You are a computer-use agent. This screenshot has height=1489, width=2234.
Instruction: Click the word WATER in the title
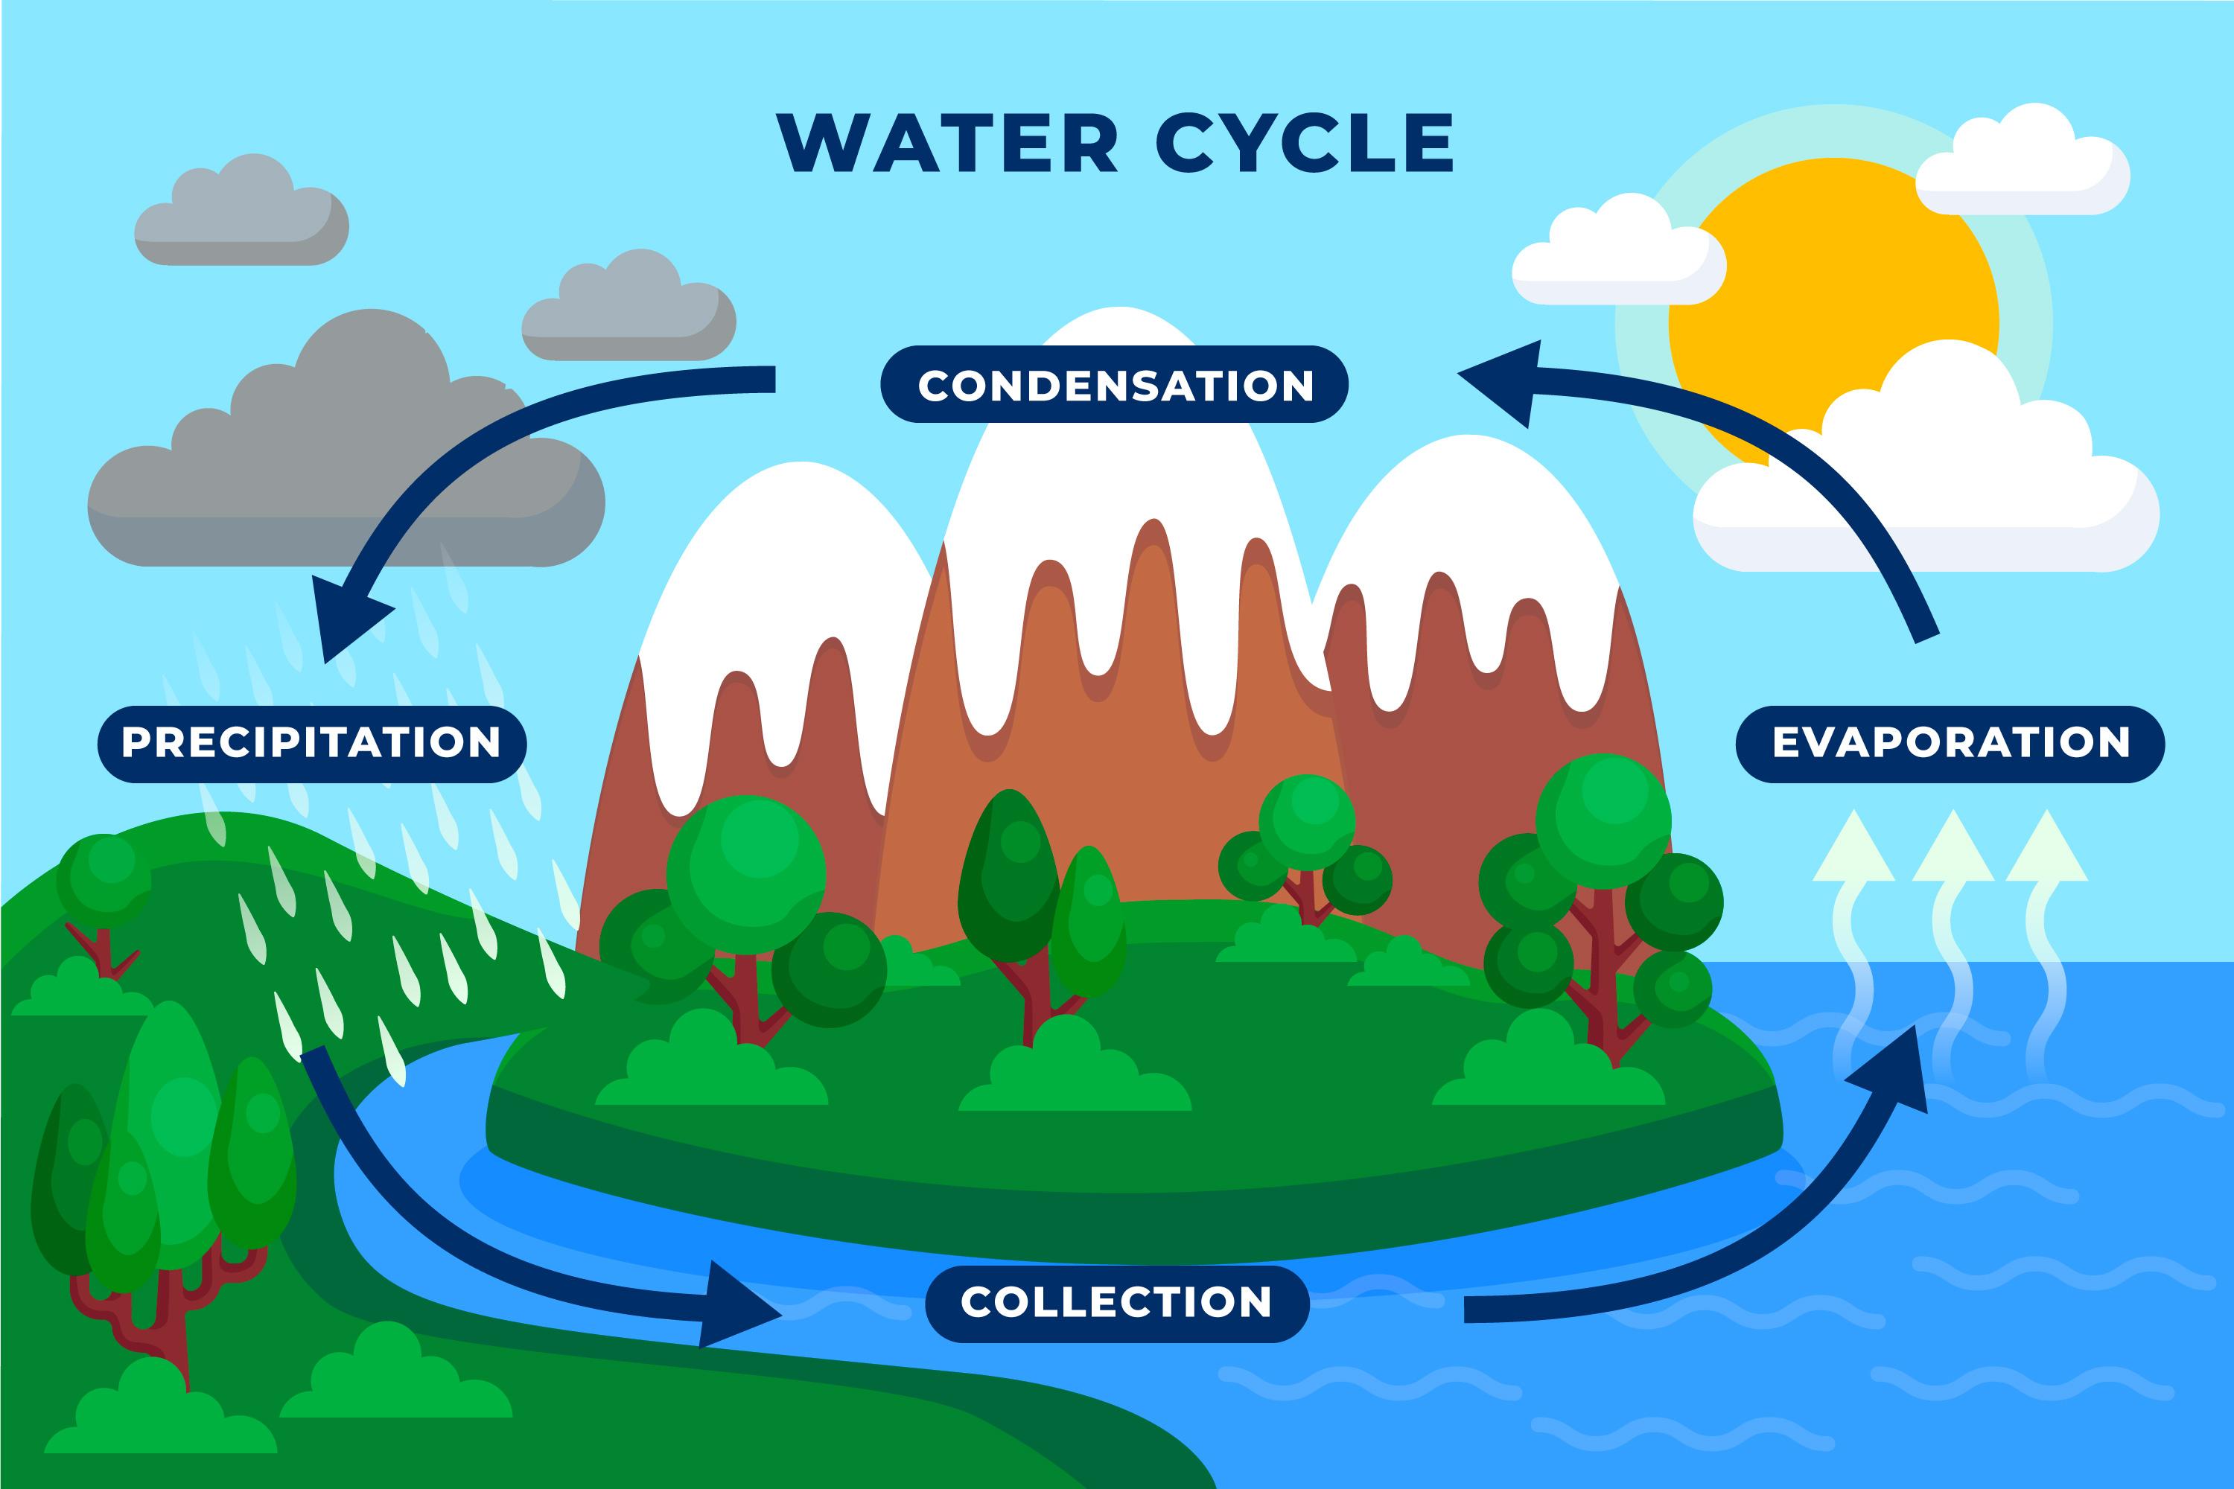(x=947, y=144)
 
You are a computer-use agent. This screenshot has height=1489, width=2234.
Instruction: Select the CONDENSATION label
(x=1115, y=385)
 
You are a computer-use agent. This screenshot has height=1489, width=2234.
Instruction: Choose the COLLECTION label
(x=1117, y=1302)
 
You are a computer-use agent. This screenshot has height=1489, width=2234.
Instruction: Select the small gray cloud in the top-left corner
(x=241, y=214)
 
